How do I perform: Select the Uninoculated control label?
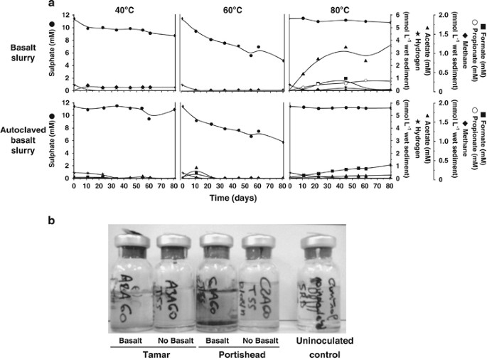(324, 344)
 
